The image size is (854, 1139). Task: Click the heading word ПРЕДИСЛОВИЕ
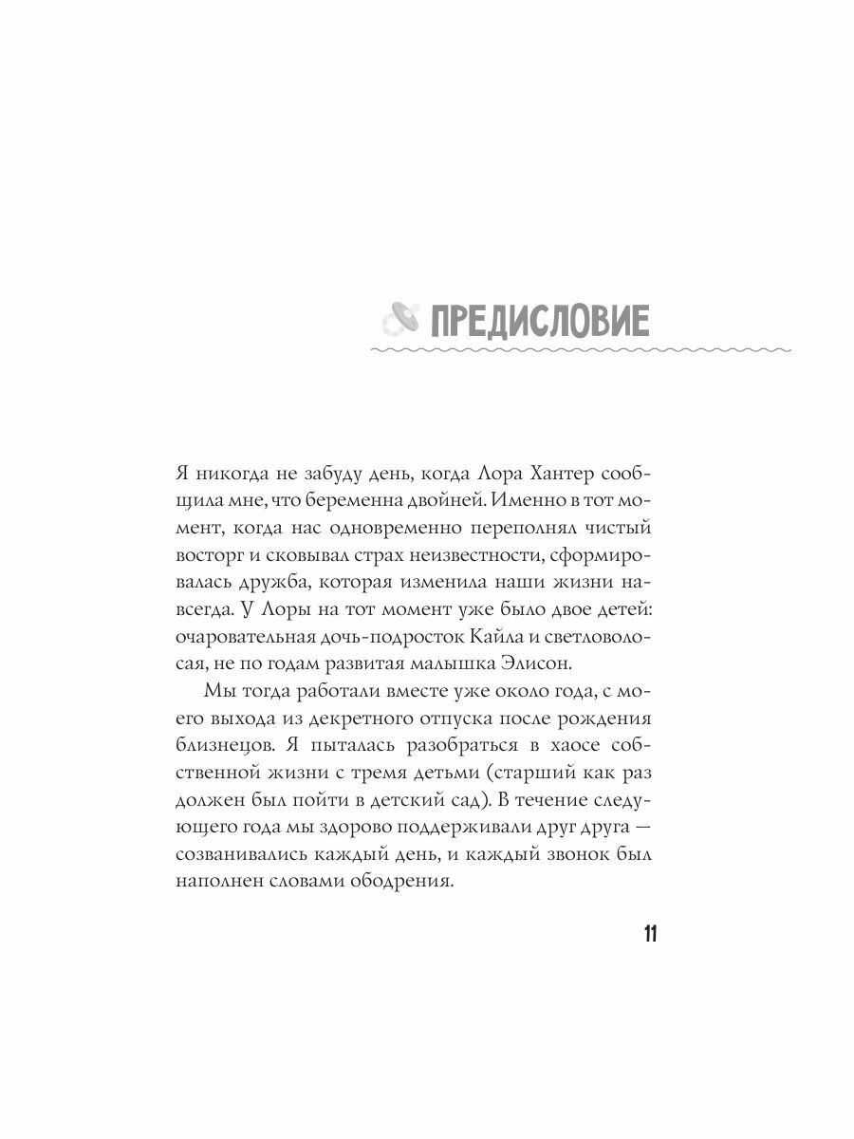click(540, 322)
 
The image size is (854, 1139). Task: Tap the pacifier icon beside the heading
click(395, 323)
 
